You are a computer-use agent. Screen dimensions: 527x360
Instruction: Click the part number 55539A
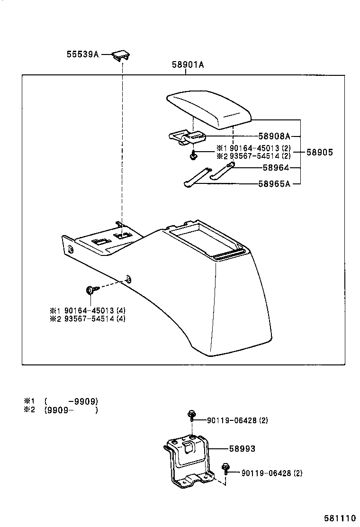82,55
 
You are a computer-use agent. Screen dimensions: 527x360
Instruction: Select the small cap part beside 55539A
121,55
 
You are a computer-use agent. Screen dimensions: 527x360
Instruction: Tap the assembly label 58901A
188,65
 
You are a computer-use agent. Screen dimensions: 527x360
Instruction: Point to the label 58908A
274,136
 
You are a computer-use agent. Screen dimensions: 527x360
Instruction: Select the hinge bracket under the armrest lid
187,137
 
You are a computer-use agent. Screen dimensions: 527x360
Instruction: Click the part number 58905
319,153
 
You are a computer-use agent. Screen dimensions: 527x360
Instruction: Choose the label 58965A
274,183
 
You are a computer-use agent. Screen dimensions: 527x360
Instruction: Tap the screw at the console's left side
90,290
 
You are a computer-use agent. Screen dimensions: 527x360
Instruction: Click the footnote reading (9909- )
71,410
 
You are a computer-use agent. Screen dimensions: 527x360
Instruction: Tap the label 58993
242,449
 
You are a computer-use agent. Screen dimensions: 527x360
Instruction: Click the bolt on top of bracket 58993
191,416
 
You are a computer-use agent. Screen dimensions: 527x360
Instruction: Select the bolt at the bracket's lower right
226,469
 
